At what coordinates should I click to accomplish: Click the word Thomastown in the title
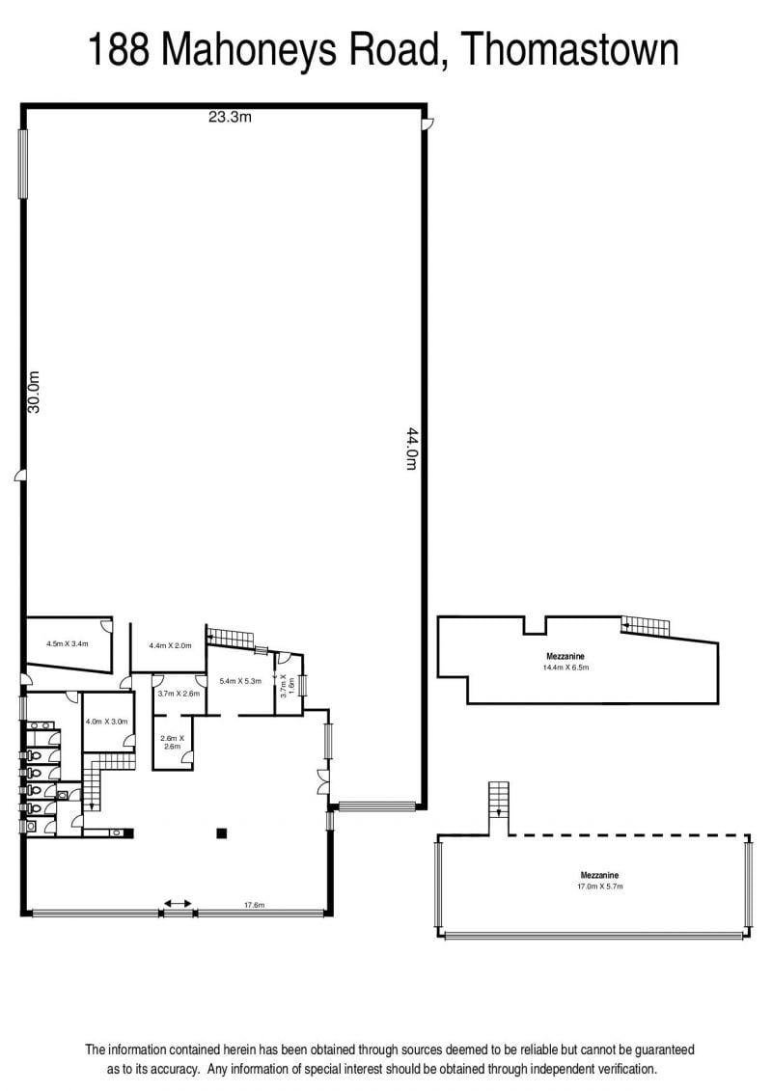coord(569,50)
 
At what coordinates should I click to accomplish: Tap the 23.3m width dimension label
coord(230,117)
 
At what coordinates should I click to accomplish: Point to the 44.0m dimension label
coord(411,449)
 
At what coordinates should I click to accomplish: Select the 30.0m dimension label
coord(34,393)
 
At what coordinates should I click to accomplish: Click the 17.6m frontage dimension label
coord(254,905)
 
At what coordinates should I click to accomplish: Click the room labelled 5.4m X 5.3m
coord(241,680)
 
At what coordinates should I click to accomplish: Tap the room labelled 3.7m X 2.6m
coord(179,694)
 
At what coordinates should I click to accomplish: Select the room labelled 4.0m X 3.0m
coord(107,723)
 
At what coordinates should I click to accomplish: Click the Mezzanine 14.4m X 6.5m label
coord(565,662)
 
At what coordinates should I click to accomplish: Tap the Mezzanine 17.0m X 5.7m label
coord(600,881)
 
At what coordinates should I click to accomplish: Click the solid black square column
coord(221,832)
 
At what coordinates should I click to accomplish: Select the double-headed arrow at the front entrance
coord(179,903)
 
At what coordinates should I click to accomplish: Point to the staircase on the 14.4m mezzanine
coord(646,626)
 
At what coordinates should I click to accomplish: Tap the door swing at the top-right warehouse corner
coord(428,123)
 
